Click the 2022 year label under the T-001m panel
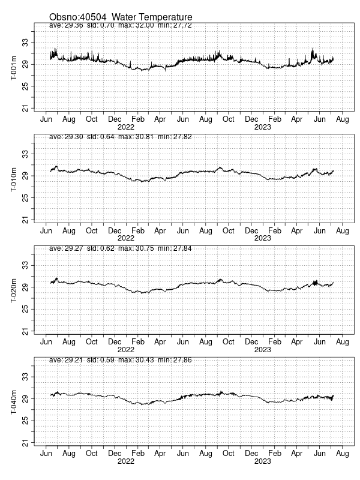[125, 127]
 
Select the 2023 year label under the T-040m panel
[262, 461]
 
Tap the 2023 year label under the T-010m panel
[262, 238]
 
